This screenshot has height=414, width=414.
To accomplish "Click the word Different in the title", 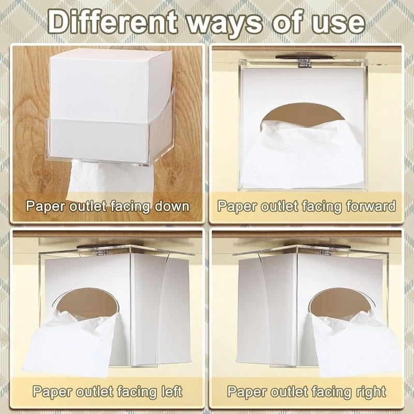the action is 112,22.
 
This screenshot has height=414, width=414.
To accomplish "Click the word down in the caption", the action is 172,206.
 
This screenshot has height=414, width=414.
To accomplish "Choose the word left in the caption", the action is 171,392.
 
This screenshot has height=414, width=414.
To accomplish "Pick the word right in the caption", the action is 371,392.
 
